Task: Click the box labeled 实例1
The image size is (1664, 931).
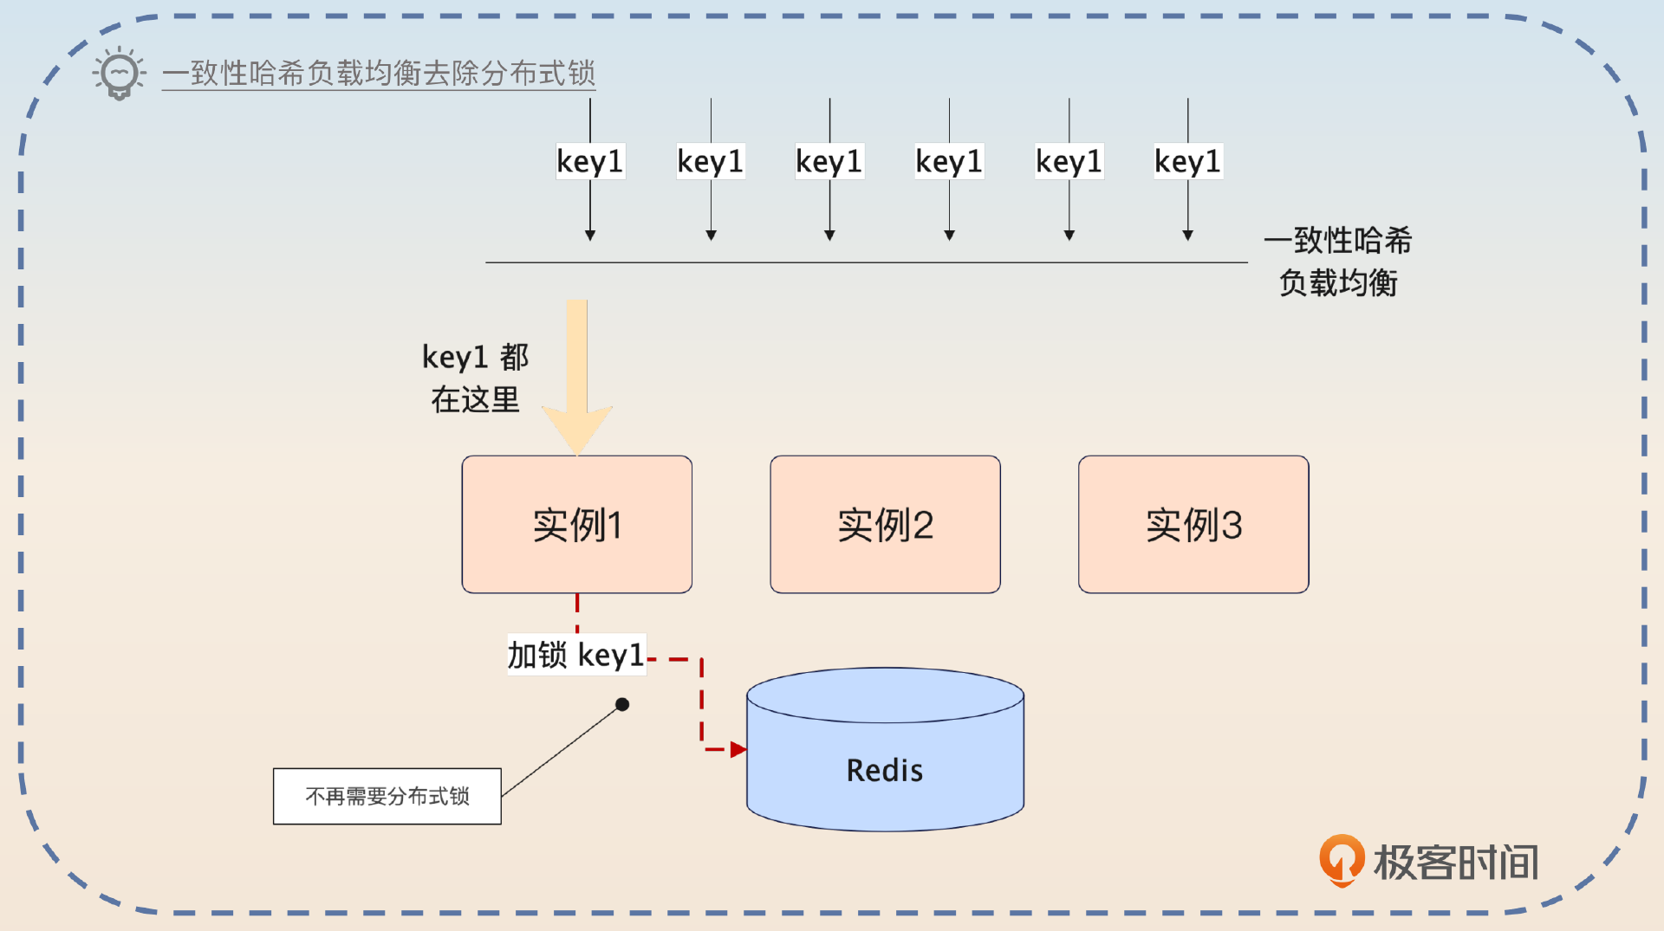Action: (x=576, y=525)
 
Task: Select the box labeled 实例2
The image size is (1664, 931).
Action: (x=885, y=525)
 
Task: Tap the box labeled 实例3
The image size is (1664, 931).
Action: (x=1193, y=525)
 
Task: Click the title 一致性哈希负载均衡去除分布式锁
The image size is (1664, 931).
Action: (x=379, y=74)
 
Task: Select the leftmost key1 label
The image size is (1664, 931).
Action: (x=590, y=162)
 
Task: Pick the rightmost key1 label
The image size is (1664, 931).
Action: (x=1187, y=162)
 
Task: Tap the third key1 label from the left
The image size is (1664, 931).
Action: (x=829, y=162)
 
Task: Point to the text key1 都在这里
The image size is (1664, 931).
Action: (x=475, y=378)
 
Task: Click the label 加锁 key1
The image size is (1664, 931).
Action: (x=576, y=656)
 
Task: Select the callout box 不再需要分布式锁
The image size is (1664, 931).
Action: (x=387, y=796)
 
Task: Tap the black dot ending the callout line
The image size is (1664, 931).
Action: (x=622, y=704)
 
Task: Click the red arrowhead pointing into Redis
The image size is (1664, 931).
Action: (x=738, y=749)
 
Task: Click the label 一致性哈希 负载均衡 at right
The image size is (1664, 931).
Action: (x=1338, y=262)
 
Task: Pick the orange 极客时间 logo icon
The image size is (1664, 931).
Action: (x=1341, y=860)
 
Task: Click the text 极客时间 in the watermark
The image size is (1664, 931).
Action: (x=1456, y=863)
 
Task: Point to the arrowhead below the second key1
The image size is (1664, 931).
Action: (x=711, y=235)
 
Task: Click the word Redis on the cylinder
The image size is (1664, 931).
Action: (x=885, y=770)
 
